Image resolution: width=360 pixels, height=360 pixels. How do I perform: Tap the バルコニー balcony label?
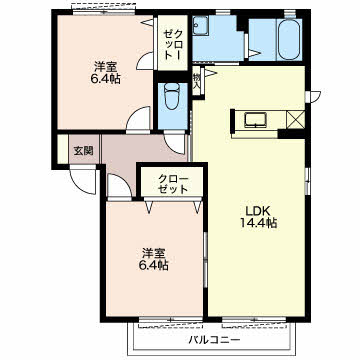[x=214, y=341]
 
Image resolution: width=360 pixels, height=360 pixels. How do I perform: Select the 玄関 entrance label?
[x=83, y=151]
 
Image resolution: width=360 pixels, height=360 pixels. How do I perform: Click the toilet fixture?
[x=172, y=97]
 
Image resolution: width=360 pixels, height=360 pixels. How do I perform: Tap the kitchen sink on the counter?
[x=256, y=120]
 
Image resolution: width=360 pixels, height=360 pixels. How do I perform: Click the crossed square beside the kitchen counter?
[x=295, y=119]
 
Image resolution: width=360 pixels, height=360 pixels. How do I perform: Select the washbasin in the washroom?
[x=201, y=25]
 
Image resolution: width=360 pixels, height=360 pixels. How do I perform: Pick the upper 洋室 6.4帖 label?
[x=105, y=73]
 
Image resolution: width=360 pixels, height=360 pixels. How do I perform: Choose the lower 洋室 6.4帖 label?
[x=154, y=259]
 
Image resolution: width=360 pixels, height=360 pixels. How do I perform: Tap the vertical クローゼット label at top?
[x=173, y=44]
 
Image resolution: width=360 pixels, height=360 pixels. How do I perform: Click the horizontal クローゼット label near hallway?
[x=173, y=184]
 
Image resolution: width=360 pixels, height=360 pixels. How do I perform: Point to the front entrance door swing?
[x=83, y=181]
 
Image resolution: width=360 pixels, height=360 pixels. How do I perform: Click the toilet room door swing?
[x=175, y=143]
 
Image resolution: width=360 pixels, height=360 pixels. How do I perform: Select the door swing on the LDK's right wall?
[x=314, y=96]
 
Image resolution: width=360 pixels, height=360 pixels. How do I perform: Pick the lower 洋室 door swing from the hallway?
[x=119, y=187]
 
